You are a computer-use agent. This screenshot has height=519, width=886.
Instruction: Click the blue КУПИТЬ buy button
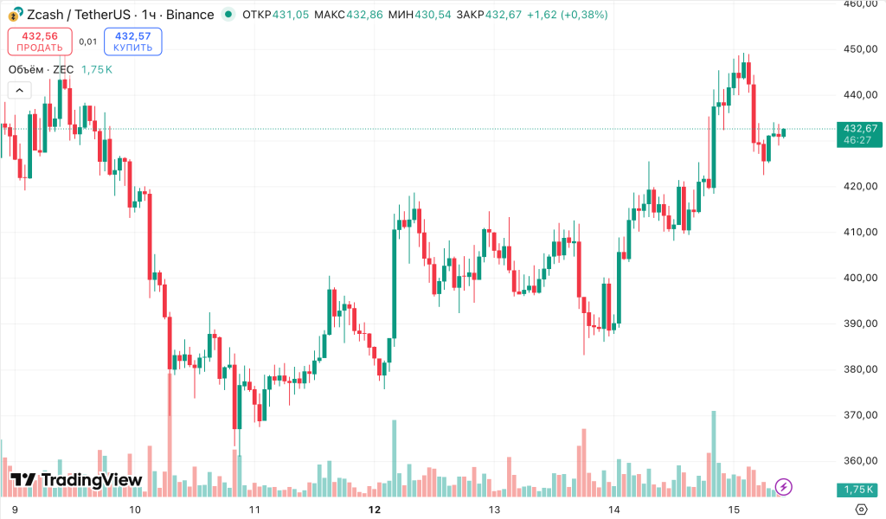(x=132, y=42)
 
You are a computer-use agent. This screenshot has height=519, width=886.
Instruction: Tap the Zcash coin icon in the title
(x=15, y=15)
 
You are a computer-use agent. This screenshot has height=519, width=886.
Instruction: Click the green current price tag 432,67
(x=859, y=128)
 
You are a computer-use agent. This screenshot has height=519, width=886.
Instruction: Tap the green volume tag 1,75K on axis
(x=859, y=490)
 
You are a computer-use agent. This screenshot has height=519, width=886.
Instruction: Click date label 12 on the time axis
(x=375, y=509)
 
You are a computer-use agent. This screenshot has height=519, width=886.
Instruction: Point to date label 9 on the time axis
(x=15, y=509)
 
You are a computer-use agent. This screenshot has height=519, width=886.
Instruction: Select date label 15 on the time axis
(x=735, y=509)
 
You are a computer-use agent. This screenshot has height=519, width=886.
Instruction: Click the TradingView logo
(x=76, y=481)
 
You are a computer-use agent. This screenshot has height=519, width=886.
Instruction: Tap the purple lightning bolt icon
(x=784, y=487)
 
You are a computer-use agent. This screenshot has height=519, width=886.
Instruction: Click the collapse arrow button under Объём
(x=19, y=89)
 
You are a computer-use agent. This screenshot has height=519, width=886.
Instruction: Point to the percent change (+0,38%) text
(x=583, y=15)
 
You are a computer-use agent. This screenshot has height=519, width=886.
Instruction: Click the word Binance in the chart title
(x=189, y=15)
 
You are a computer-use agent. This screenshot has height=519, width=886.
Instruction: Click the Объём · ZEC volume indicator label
(x=42, y=69)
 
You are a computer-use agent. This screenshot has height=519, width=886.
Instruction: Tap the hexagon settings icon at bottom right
(x=862, y=509)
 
